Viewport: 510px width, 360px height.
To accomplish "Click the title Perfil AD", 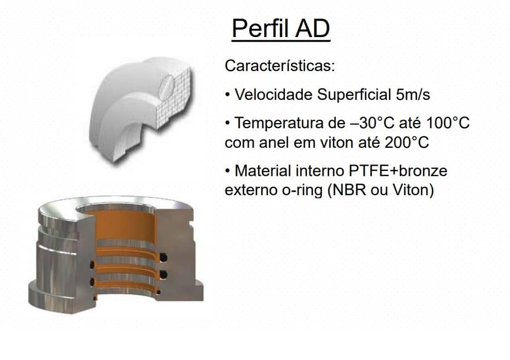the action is point(281,29).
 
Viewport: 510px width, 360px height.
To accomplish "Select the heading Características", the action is point(280,66).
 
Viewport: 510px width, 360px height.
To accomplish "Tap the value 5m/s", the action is point(413,95).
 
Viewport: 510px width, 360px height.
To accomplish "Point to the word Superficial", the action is point(354,95).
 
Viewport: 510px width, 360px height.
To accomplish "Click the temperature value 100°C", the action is point(448,123).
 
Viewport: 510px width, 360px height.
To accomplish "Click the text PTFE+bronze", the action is point(398,171).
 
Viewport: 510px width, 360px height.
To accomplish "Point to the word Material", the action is point(263,171).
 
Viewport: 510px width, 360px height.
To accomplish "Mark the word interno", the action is point(320,171).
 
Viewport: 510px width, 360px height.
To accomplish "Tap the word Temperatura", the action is point(279,124).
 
